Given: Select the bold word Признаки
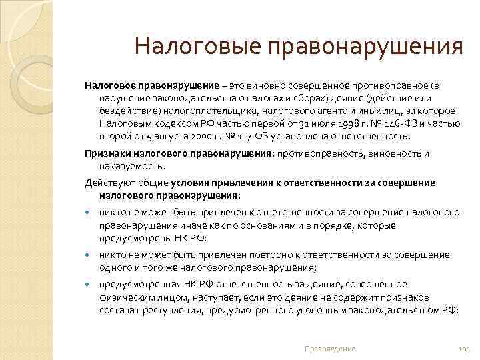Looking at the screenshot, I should pyautogui.click(x=105, y=153).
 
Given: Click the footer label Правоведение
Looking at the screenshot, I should pyautogui.click(x=329, y=349).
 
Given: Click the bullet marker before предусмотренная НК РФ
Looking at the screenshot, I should pyautogui.click(x=88, y=285).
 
